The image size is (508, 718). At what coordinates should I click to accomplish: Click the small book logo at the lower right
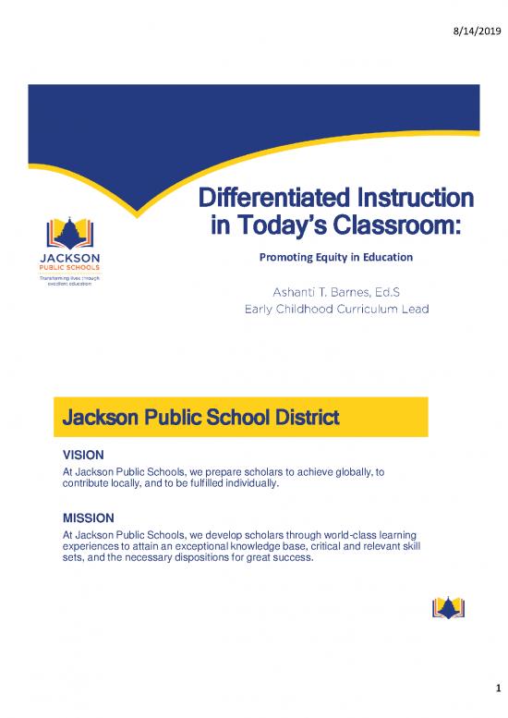click(448, 606)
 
